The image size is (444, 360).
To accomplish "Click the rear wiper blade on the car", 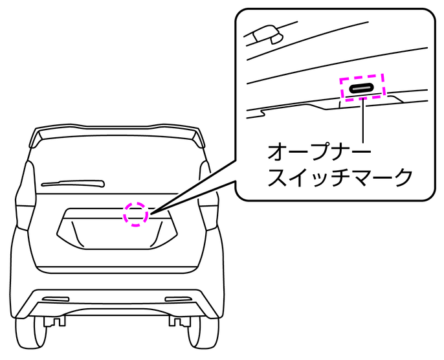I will coord(71,183).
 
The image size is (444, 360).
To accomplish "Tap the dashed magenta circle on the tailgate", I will coord(136,213).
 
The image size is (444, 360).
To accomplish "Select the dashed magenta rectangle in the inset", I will coord(362,87).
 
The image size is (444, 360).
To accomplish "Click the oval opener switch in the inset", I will coord(362,87).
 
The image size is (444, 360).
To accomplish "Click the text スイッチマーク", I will coord(340,176).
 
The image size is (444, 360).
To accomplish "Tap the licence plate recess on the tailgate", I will coord(117,233).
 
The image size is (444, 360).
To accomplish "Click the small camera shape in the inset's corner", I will coord(265,34).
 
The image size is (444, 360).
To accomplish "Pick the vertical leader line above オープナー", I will coord(365,120).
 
